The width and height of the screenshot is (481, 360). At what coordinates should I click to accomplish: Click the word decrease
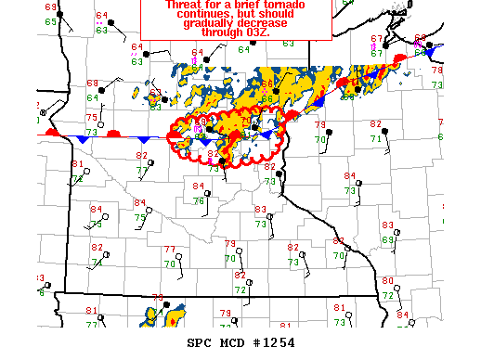[263, 29]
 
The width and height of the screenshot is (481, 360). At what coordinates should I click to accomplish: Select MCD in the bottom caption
[235, 342]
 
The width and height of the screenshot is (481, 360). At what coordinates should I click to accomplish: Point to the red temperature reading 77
[169, 250]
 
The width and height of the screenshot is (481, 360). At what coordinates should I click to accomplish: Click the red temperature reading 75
[91, 118]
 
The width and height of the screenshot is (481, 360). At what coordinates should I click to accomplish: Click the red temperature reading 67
[376, 39]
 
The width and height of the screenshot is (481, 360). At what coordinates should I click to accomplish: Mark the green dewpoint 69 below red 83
[387, 239]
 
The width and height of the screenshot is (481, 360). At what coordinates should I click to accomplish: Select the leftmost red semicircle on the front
[54, 135]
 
